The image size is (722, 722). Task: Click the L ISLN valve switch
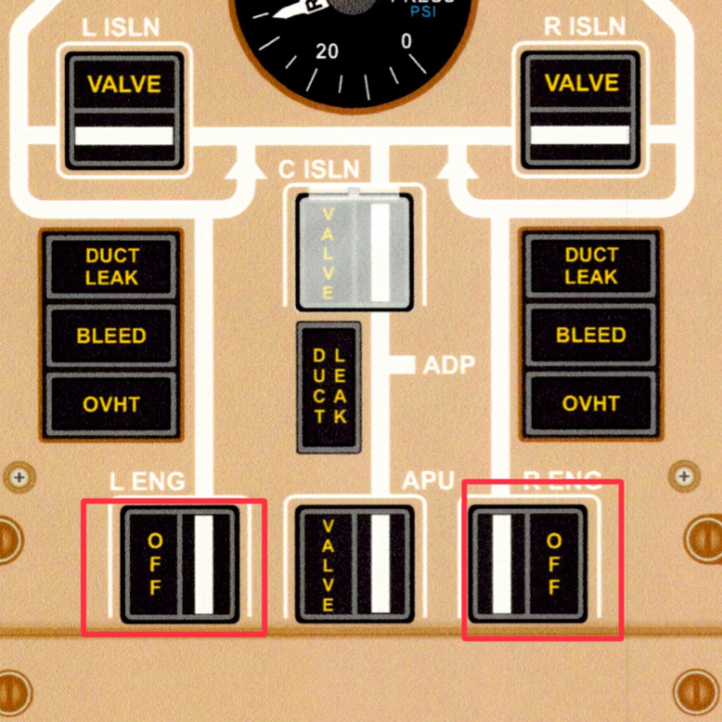pyautogui.click(x=124, y=110)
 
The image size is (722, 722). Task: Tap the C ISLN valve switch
pyautogui.click(x=355, y=252)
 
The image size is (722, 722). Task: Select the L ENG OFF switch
pyautogui.click(x=180, y=564)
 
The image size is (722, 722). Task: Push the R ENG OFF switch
pyautogui.click(x=528, y=564)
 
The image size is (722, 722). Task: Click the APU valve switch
pyautogui.click(x=355, y=564)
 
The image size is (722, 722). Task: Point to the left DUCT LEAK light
pyautogui.click(x=111, y=266)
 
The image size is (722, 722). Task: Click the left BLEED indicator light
pyautogui.click(x=111, y=336)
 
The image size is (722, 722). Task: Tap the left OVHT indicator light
pyautogui.click(x=111, y=404)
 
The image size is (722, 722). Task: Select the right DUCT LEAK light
pyautogui.click(x=591, y=266)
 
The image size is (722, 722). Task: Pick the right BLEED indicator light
pyautogui.click(x=591, y=335)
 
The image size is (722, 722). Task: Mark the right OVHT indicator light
pyautogui.click(x=591, y=404)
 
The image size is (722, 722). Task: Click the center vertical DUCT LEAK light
pyautogui.click(x=329, y=386)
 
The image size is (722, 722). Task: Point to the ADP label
pyautogui.click(x=449, y=365)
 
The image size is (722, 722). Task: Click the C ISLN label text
pyautogui.click(x=319, y=169)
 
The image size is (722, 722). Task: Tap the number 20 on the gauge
pyautogui.click(x=327, y=51)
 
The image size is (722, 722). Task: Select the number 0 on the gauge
pyautogui.click(x=406, y=41)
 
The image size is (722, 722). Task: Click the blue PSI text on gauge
pyautogui.click(x=423, y=11)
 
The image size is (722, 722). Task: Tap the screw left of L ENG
pyautogui.click(x=19, y=477)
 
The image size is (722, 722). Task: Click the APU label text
pyautogui.click(x=428, y=480)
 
